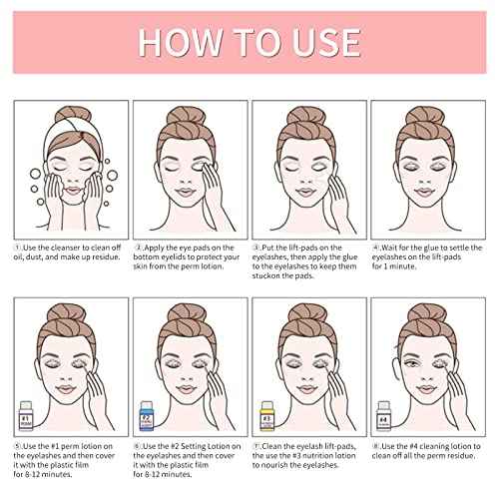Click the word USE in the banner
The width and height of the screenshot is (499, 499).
(x=326, y=42)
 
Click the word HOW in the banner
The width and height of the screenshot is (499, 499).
(x=181, y=42)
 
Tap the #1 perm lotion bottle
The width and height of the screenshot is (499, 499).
(x=26, y=415)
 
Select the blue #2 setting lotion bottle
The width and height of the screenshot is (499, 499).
(x=147, y=415)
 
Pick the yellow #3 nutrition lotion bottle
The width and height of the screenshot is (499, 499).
(x=266, y=415)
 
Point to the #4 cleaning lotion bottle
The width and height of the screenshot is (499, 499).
(x=383, y=415)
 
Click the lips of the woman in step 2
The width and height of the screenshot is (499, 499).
(x=185, y=192)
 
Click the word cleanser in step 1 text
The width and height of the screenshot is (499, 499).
(x=66, y=248)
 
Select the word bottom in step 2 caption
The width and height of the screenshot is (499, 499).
(x=146, y=257)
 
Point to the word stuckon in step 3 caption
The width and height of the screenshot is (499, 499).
(x=265, y=276)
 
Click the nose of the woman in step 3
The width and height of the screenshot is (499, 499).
(x=306, y=182)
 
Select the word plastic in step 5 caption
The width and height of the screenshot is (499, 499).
(x=56, y=465)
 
